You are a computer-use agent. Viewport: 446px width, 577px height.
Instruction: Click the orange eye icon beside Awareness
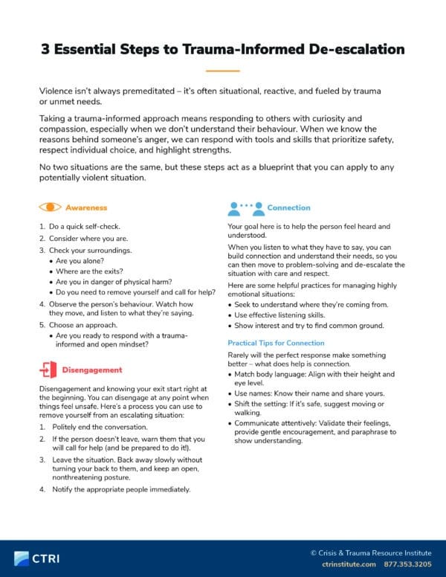click(50, 207)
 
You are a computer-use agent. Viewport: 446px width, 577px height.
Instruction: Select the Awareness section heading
click(86, 207)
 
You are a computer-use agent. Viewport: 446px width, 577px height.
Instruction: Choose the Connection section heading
click(288, 207)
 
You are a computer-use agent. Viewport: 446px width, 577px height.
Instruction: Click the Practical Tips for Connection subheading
click(276, 343)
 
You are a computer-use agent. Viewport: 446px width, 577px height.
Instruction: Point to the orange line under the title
click(222, 71)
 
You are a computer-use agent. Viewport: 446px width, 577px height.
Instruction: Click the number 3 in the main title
click(45, 50)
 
